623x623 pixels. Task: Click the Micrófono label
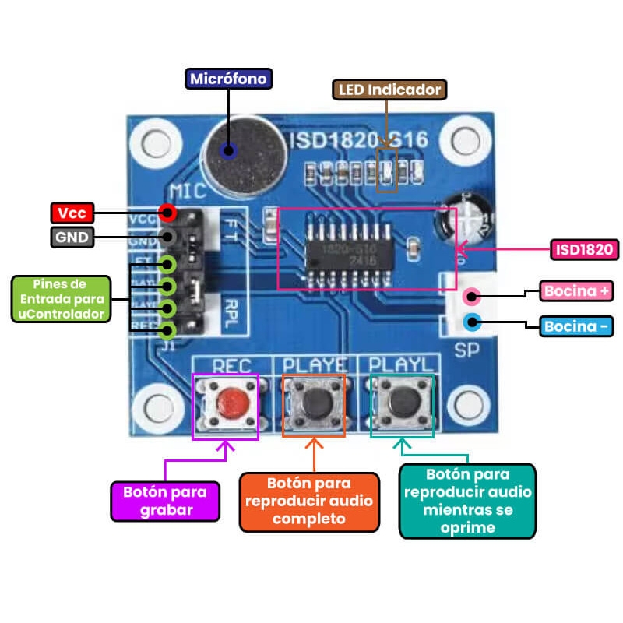pyautogui.click(x=228, y=79)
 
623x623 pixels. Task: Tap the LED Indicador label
pyautogui.click(x=389, y=90)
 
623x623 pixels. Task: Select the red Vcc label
pyautogui.click(x=72, y=213)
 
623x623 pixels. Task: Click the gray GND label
pyautogui.click(x=72, y=237)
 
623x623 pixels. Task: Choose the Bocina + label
pyautogui.click(x=577, y=291)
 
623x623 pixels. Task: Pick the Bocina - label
pyautogui.click(x=577, y=326)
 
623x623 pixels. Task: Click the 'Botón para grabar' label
pyautogui.click(x=164, y=501)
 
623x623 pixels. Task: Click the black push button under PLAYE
pyautogui.click(x=315, y=403)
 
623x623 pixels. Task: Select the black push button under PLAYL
pyautogui.click(x=402, y=403)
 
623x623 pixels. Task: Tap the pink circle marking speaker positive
pyautogui.click(x=470, y=296)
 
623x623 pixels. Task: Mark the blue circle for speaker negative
pyautogui.click(x=470, y=321)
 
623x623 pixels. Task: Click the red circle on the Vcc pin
pyautogui.click(x=166, y=212)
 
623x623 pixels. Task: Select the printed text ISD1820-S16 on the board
pyautogui.click(x=358, y=140)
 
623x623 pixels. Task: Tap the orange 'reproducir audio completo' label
pyautogui.click(x=309, y=502)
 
